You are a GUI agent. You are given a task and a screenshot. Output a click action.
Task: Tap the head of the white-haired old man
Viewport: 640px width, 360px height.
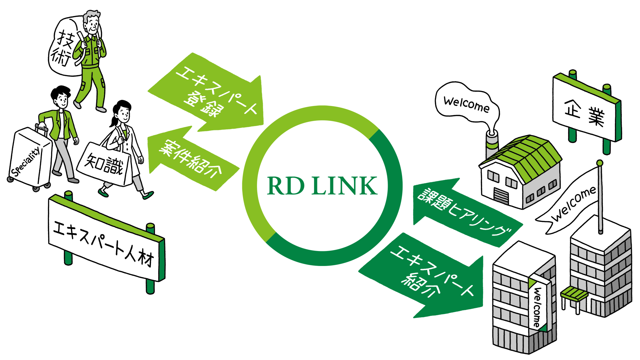click(x=92, y=22)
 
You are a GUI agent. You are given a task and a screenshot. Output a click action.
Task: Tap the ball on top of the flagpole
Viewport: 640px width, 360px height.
click(x=600, y=163)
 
